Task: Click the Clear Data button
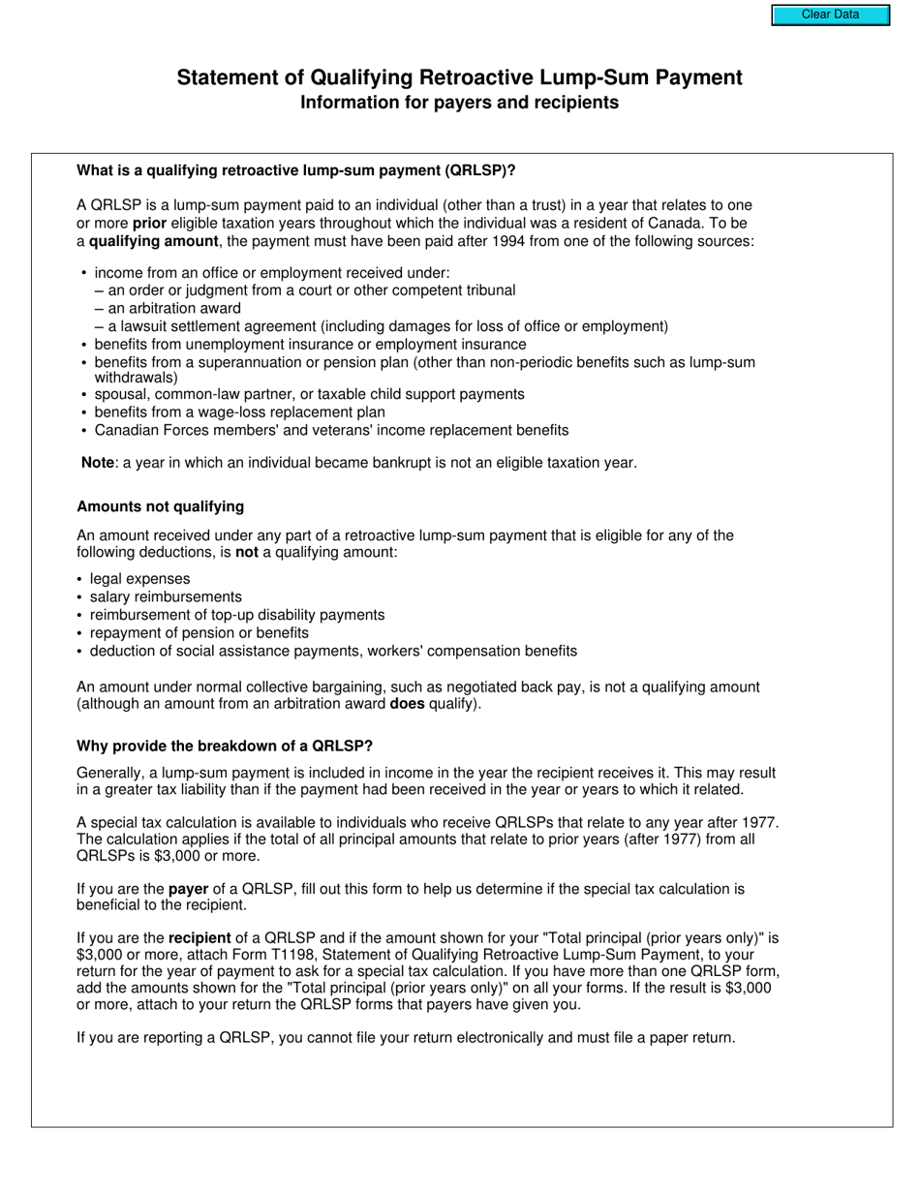click(830, 15)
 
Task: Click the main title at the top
click(459, 77)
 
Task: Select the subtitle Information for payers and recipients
click(459, 103)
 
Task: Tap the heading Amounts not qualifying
click(160, 506)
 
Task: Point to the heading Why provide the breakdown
click(224, 746)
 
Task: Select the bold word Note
click(98, 463)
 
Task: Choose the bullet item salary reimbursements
click(166, 596)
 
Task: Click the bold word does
click(407, 704)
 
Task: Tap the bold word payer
click(189, 889)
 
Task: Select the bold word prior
click(149, 223)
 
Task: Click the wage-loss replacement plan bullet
click(239, 412)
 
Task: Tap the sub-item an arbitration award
click(174, 308)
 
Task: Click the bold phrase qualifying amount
click(153, 241)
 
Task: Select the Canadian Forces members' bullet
click(331, 430)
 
